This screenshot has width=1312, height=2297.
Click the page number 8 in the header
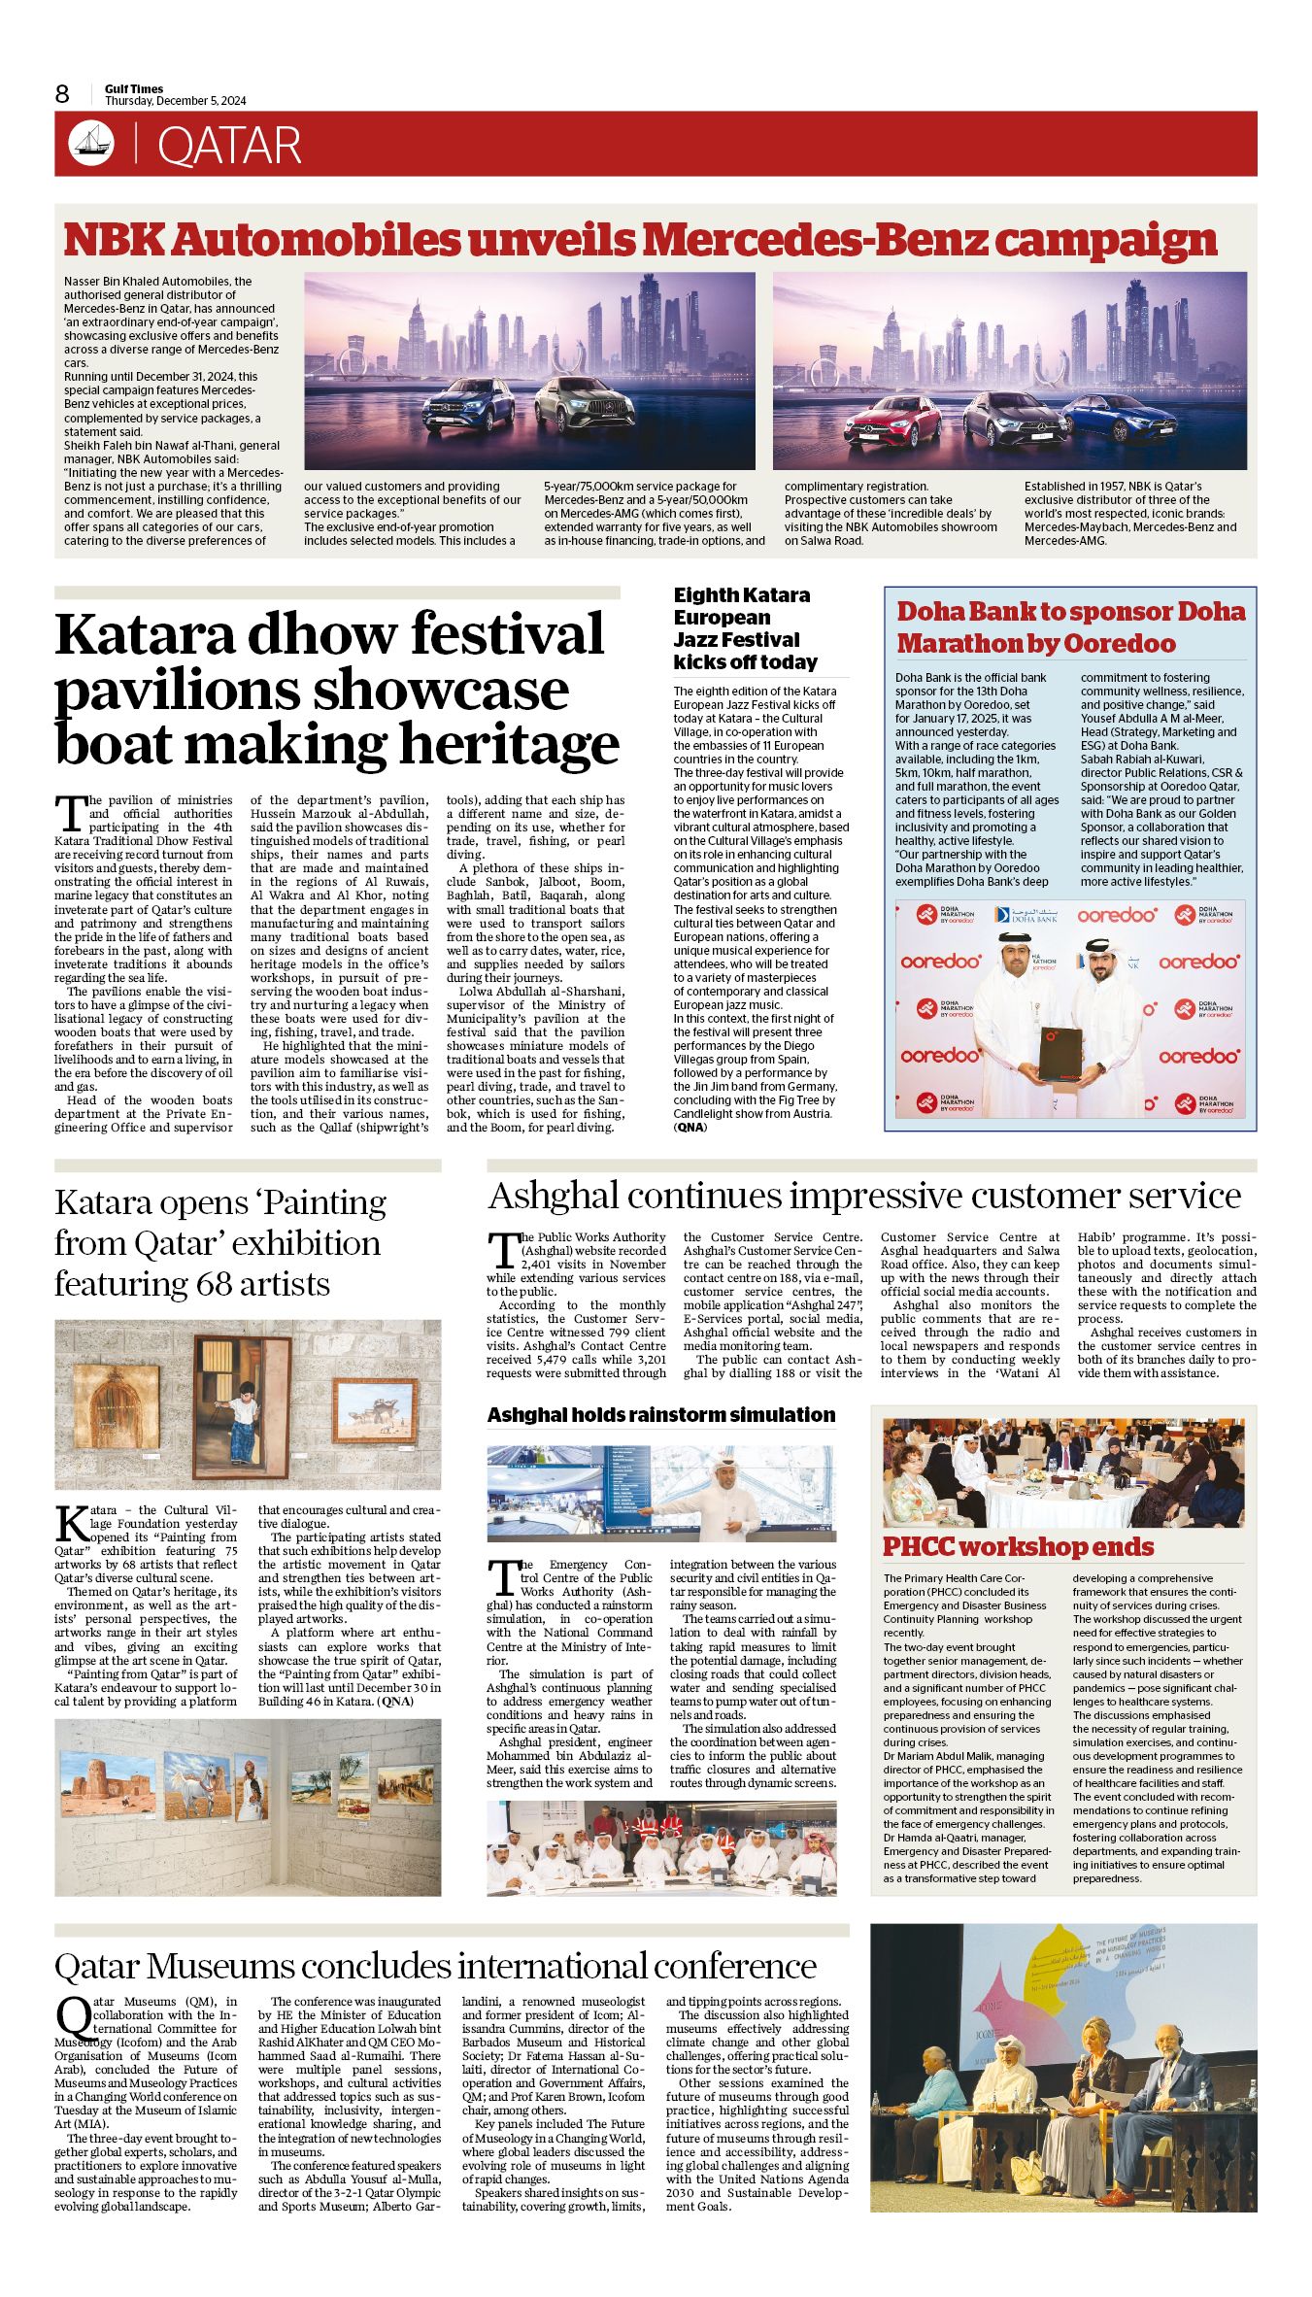(x=62, y=94)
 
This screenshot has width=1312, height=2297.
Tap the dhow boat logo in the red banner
(x=91, y=144)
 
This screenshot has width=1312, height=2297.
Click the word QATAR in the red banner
(x=229, y=146)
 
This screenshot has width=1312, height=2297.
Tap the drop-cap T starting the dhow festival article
(x=70, y=810)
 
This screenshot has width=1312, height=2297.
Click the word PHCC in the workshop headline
(x=917, y=1546)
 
